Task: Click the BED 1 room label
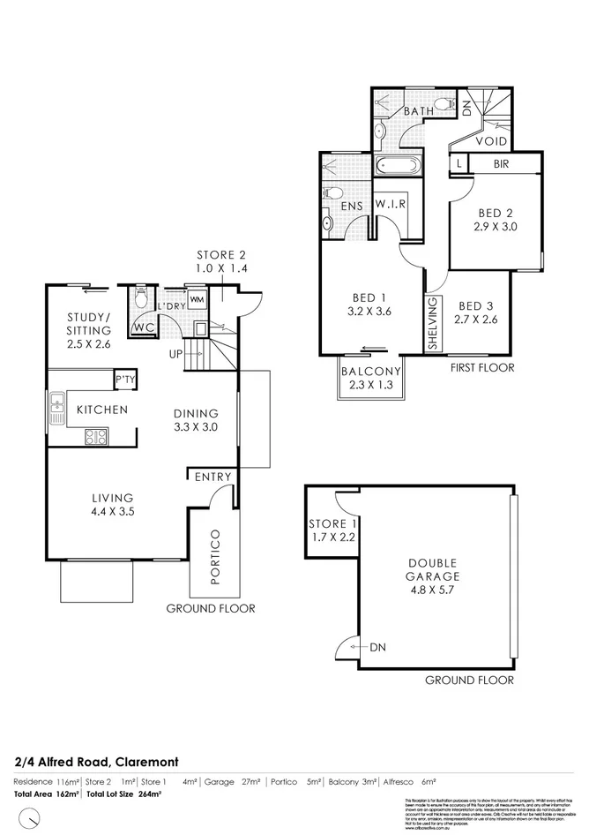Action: [x=369, y=297]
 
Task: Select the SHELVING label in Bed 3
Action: [x=433, y=324]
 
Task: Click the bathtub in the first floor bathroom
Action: [x=399, y=166]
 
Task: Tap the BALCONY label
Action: [x=371, y=372]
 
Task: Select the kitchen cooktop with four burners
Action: [x=96, y=435]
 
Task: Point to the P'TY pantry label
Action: [x=125, y=380]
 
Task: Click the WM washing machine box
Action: [x=197, y=298]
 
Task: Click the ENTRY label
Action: [x=213, y=477]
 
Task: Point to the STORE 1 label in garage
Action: [x=331, y=523]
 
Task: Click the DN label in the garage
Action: [x=378, y=647]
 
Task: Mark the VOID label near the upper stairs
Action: [x=490, y=140]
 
